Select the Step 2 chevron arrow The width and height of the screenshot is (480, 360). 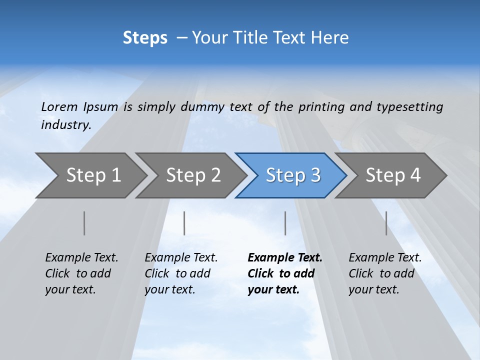tap(193, 175)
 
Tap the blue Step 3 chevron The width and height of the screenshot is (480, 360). tap(292, 175)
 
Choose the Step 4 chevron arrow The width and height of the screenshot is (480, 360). tap(392, 175)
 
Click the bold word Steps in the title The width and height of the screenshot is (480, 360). tap(145, 38)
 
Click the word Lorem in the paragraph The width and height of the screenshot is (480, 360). tap(59, 107)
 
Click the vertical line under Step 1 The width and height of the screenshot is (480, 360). tap(84, 223)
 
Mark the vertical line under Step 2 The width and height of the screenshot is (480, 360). tap(184, 223)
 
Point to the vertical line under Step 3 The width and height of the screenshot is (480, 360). tap(285, 223)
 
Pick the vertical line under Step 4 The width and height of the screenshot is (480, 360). tap(386, 223)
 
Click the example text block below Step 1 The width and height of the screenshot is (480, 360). tap(81, 273)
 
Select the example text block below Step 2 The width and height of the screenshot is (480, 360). tap(181, 273)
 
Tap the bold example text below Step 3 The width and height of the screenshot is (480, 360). tap(285, 273)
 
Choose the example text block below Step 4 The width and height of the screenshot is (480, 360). tap(385, 273)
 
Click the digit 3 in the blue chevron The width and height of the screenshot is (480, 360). tap(315, 175)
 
